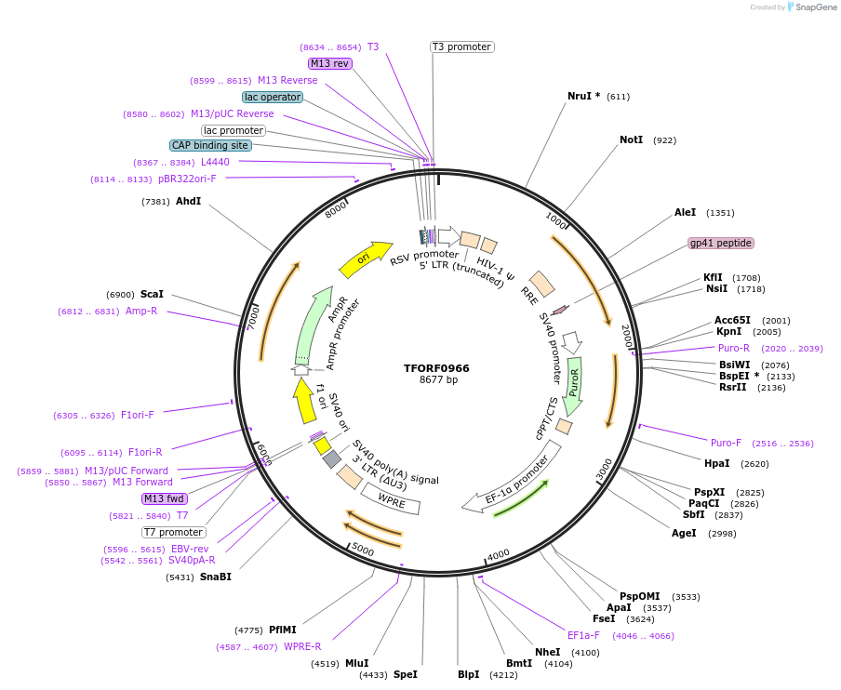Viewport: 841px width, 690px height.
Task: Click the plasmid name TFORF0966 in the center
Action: pyautogui.click(x=436, y=368)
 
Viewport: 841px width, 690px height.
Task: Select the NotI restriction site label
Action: pyautogui.click(x=631, y=140)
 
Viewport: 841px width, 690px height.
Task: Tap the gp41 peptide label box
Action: pyautogui.click(x=720, y=243)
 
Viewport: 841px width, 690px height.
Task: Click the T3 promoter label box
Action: pyautogui.click(x=461, y=46)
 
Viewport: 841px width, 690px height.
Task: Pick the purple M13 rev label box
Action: pyautogui.click(x=330, y=63)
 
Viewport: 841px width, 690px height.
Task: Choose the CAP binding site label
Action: pyautogui.click(x=210, y=145)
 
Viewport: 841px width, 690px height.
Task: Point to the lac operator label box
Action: pyautogui.click(x=273, y=97)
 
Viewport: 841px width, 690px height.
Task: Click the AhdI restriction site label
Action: pyautogui.click(x=188, y=201)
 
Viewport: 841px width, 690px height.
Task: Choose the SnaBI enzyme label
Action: pyautogui.click(x=215, y=577)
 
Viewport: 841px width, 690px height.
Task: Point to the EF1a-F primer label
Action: pyautogui.click(x=583, y=635)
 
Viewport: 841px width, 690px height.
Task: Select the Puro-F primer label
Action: pyautogui.click(x=726, y=443)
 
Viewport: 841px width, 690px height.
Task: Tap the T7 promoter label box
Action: pyautogui.click(x=173, y=532)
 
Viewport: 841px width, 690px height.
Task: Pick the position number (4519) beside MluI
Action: pyautogui.click(x=326, y=664)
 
